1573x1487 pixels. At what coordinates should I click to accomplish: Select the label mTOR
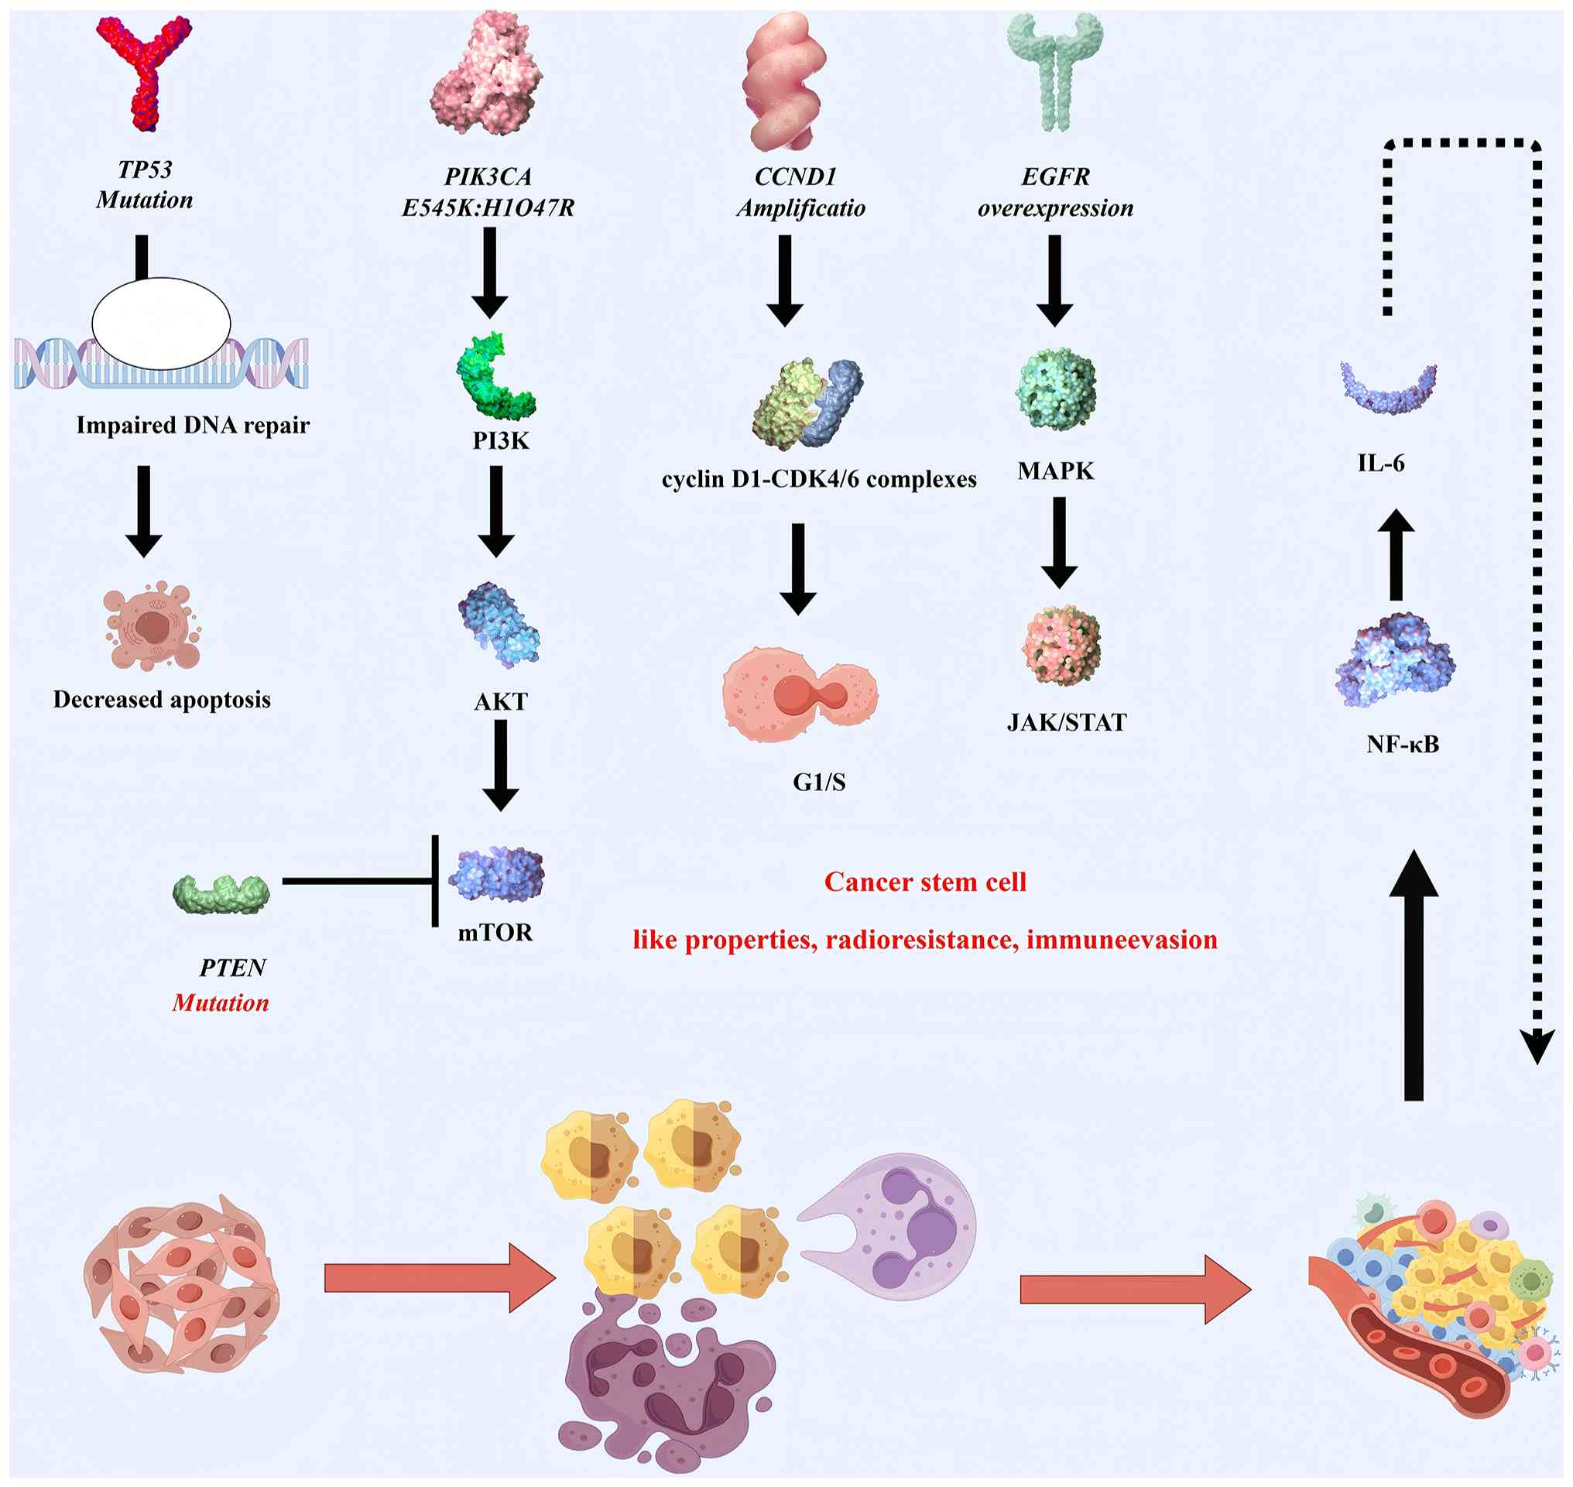coord(495,932)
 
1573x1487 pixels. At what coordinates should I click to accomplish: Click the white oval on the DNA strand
coord(161,324)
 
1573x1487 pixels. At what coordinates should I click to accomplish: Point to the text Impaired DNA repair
coord(193,426)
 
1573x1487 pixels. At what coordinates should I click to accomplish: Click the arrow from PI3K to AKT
coord(496,511)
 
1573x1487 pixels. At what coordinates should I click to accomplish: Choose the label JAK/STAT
coord(1067,723)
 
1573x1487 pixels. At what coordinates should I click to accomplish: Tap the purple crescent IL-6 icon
coord(1387,389)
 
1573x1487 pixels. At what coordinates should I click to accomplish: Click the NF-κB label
coord(1403,745)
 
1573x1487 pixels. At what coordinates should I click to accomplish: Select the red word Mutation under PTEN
coord(221,1003)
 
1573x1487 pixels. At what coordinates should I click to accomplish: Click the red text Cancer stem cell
coord(925,882)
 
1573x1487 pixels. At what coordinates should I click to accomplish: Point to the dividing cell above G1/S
coord(800,694)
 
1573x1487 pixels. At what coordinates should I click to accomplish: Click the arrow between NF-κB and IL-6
coord(1397,554)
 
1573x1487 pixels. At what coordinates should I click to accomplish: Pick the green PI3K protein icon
coord(495,375)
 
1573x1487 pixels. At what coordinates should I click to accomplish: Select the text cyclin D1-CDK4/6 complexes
coord(819,480)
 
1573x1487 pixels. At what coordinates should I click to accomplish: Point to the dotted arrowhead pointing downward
coord(1537,1047)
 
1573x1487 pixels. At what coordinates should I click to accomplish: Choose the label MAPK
coord(1055,471)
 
